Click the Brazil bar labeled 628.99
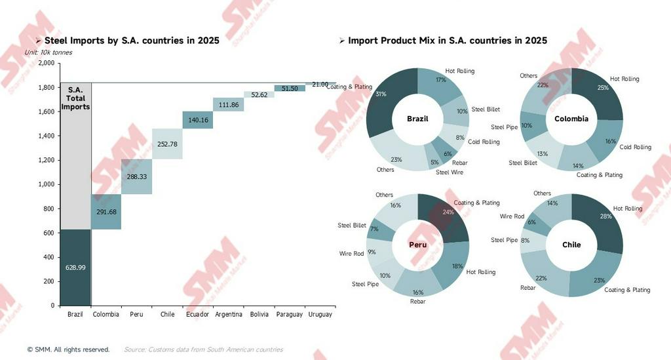[75, 268]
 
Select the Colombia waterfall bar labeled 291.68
[105, 212]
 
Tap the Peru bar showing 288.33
[136, 176]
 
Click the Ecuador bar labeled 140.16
[197, 120]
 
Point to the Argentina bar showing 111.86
[228, 104]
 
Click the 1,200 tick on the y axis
[46, 160]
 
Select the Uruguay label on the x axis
[320, 315]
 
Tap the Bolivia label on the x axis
[259, 315]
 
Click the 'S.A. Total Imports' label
[75, 98]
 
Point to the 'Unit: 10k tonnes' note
[48, 52]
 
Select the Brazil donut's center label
[417, 119]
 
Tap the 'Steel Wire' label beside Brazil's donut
[450, 172]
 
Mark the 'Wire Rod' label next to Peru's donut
[351, 254]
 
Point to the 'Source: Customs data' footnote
[203, 350]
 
